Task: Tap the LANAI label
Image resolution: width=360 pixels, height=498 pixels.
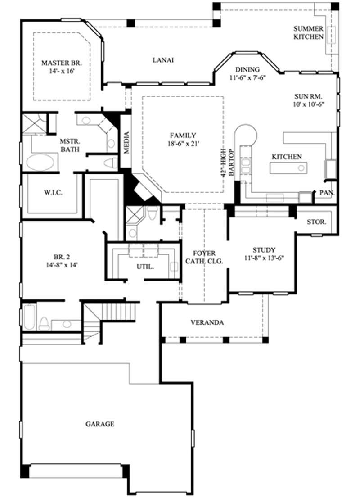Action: [163, 60]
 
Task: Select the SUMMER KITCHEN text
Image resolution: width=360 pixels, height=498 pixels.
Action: [308, 32]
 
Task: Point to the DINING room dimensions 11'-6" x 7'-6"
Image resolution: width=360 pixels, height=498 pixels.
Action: [247, 77]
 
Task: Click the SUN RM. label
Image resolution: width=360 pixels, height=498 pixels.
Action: [309, 96]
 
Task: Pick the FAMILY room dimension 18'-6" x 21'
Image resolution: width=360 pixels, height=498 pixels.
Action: [183, 143]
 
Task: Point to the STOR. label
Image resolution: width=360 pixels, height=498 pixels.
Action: [317, 222]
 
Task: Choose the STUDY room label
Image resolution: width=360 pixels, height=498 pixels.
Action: [264, 250]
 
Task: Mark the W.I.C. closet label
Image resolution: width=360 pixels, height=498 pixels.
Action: [53, 193]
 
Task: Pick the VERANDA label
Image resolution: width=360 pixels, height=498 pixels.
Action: [207, 322]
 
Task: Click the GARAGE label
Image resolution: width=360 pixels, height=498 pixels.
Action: [99, 424]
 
